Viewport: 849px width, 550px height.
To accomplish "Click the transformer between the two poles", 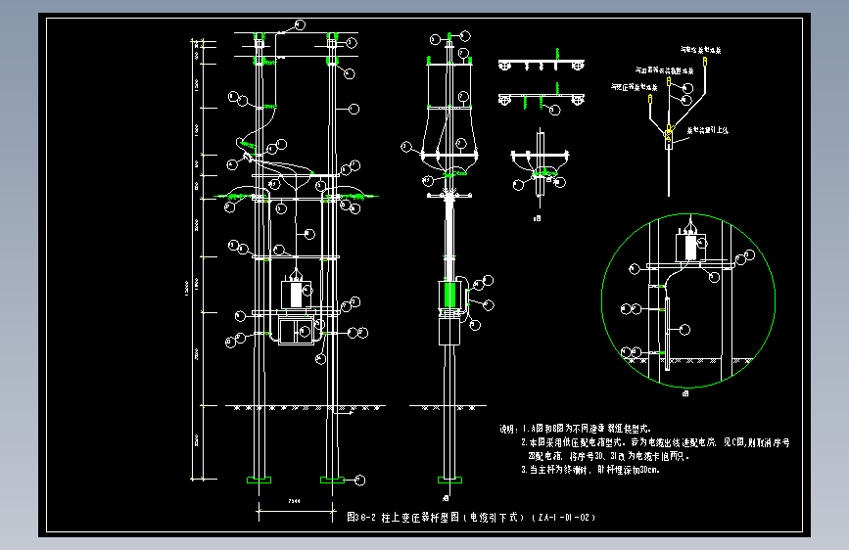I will click(x=295, y=293).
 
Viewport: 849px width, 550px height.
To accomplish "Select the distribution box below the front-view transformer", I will click(x=295, y=329).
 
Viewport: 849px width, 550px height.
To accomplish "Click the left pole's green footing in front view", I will click(x=259, y=480).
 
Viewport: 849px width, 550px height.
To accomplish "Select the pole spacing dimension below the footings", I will click(x=294, y=501).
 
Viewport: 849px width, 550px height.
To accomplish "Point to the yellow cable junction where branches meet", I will click(x=669, y=135).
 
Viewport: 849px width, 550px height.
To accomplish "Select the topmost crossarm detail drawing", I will click(x=542, y=65).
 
